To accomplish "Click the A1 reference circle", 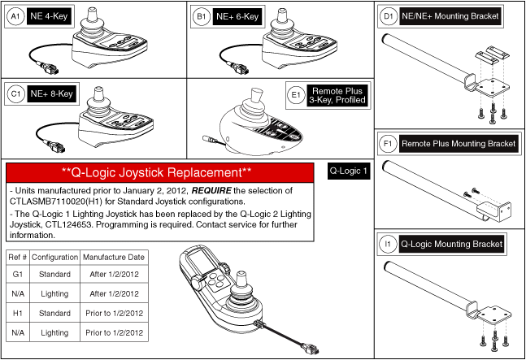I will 12,15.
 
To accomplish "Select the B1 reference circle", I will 200,15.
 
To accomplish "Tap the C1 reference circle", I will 12,93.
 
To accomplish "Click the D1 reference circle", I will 389,15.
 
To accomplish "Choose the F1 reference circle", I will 389,144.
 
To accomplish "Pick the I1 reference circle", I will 389,243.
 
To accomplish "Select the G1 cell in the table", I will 18,275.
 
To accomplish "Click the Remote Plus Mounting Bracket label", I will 459,144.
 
